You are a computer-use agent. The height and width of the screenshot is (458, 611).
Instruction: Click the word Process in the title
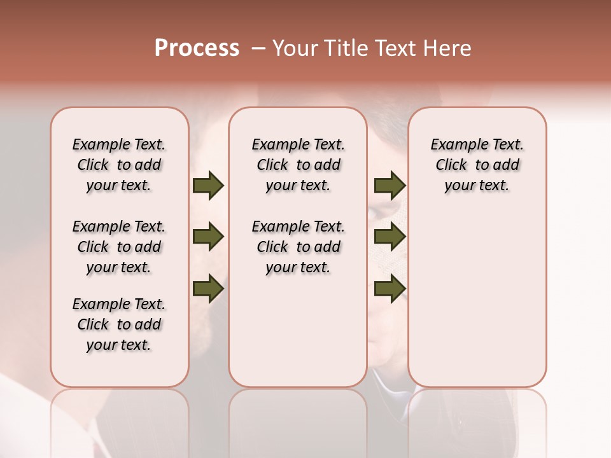(x=197, y=48)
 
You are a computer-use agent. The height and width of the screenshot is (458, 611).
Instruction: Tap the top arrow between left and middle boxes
(x=208, y=186)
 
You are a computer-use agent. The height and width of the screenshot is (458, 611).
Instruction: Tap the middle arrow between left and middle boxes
(x=208, y=237)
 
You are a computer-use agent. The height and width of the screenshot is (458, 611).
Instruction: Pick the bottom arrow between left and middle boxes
(x=208, y=289)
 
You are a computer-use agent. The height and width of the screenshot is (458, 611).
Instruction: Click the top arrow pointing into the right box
(x=390, y=186)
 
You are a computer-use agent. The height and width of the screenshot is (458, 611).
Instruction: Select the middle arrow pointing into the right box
(x=390, y=237)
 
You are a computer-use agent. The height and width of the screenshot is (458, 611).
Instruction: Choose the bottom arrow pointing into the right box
(x=390, y=289)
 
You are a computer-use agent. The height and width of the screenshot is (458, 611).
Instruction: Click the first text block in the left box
(x=119, y=165)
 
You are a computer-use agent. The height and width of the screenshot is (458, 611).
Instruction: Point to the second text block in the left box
(x=119, y=247)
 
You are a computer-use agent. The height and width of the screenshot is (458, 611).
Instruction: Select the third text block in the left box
(x=119, y=324)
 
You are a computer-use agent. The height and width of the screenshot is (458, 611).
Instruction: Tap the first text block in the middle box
(x=298, y=165)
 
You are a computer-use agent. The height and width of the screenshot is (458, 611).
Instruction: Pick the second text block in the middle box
(x=298, y=247)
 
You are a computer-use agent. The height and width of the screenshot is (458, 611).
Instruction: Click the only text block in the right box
(x=477, y=165)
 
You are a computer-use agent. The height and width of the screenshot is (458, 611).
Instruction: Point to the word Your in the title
(x=295, y=48)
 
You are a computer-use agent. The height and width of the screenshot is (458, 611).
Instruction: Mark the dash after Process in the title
(x=258, y=48)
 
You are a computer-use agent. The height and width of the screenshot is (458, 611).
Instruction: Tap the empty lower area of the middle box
(x=298, y=331)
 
